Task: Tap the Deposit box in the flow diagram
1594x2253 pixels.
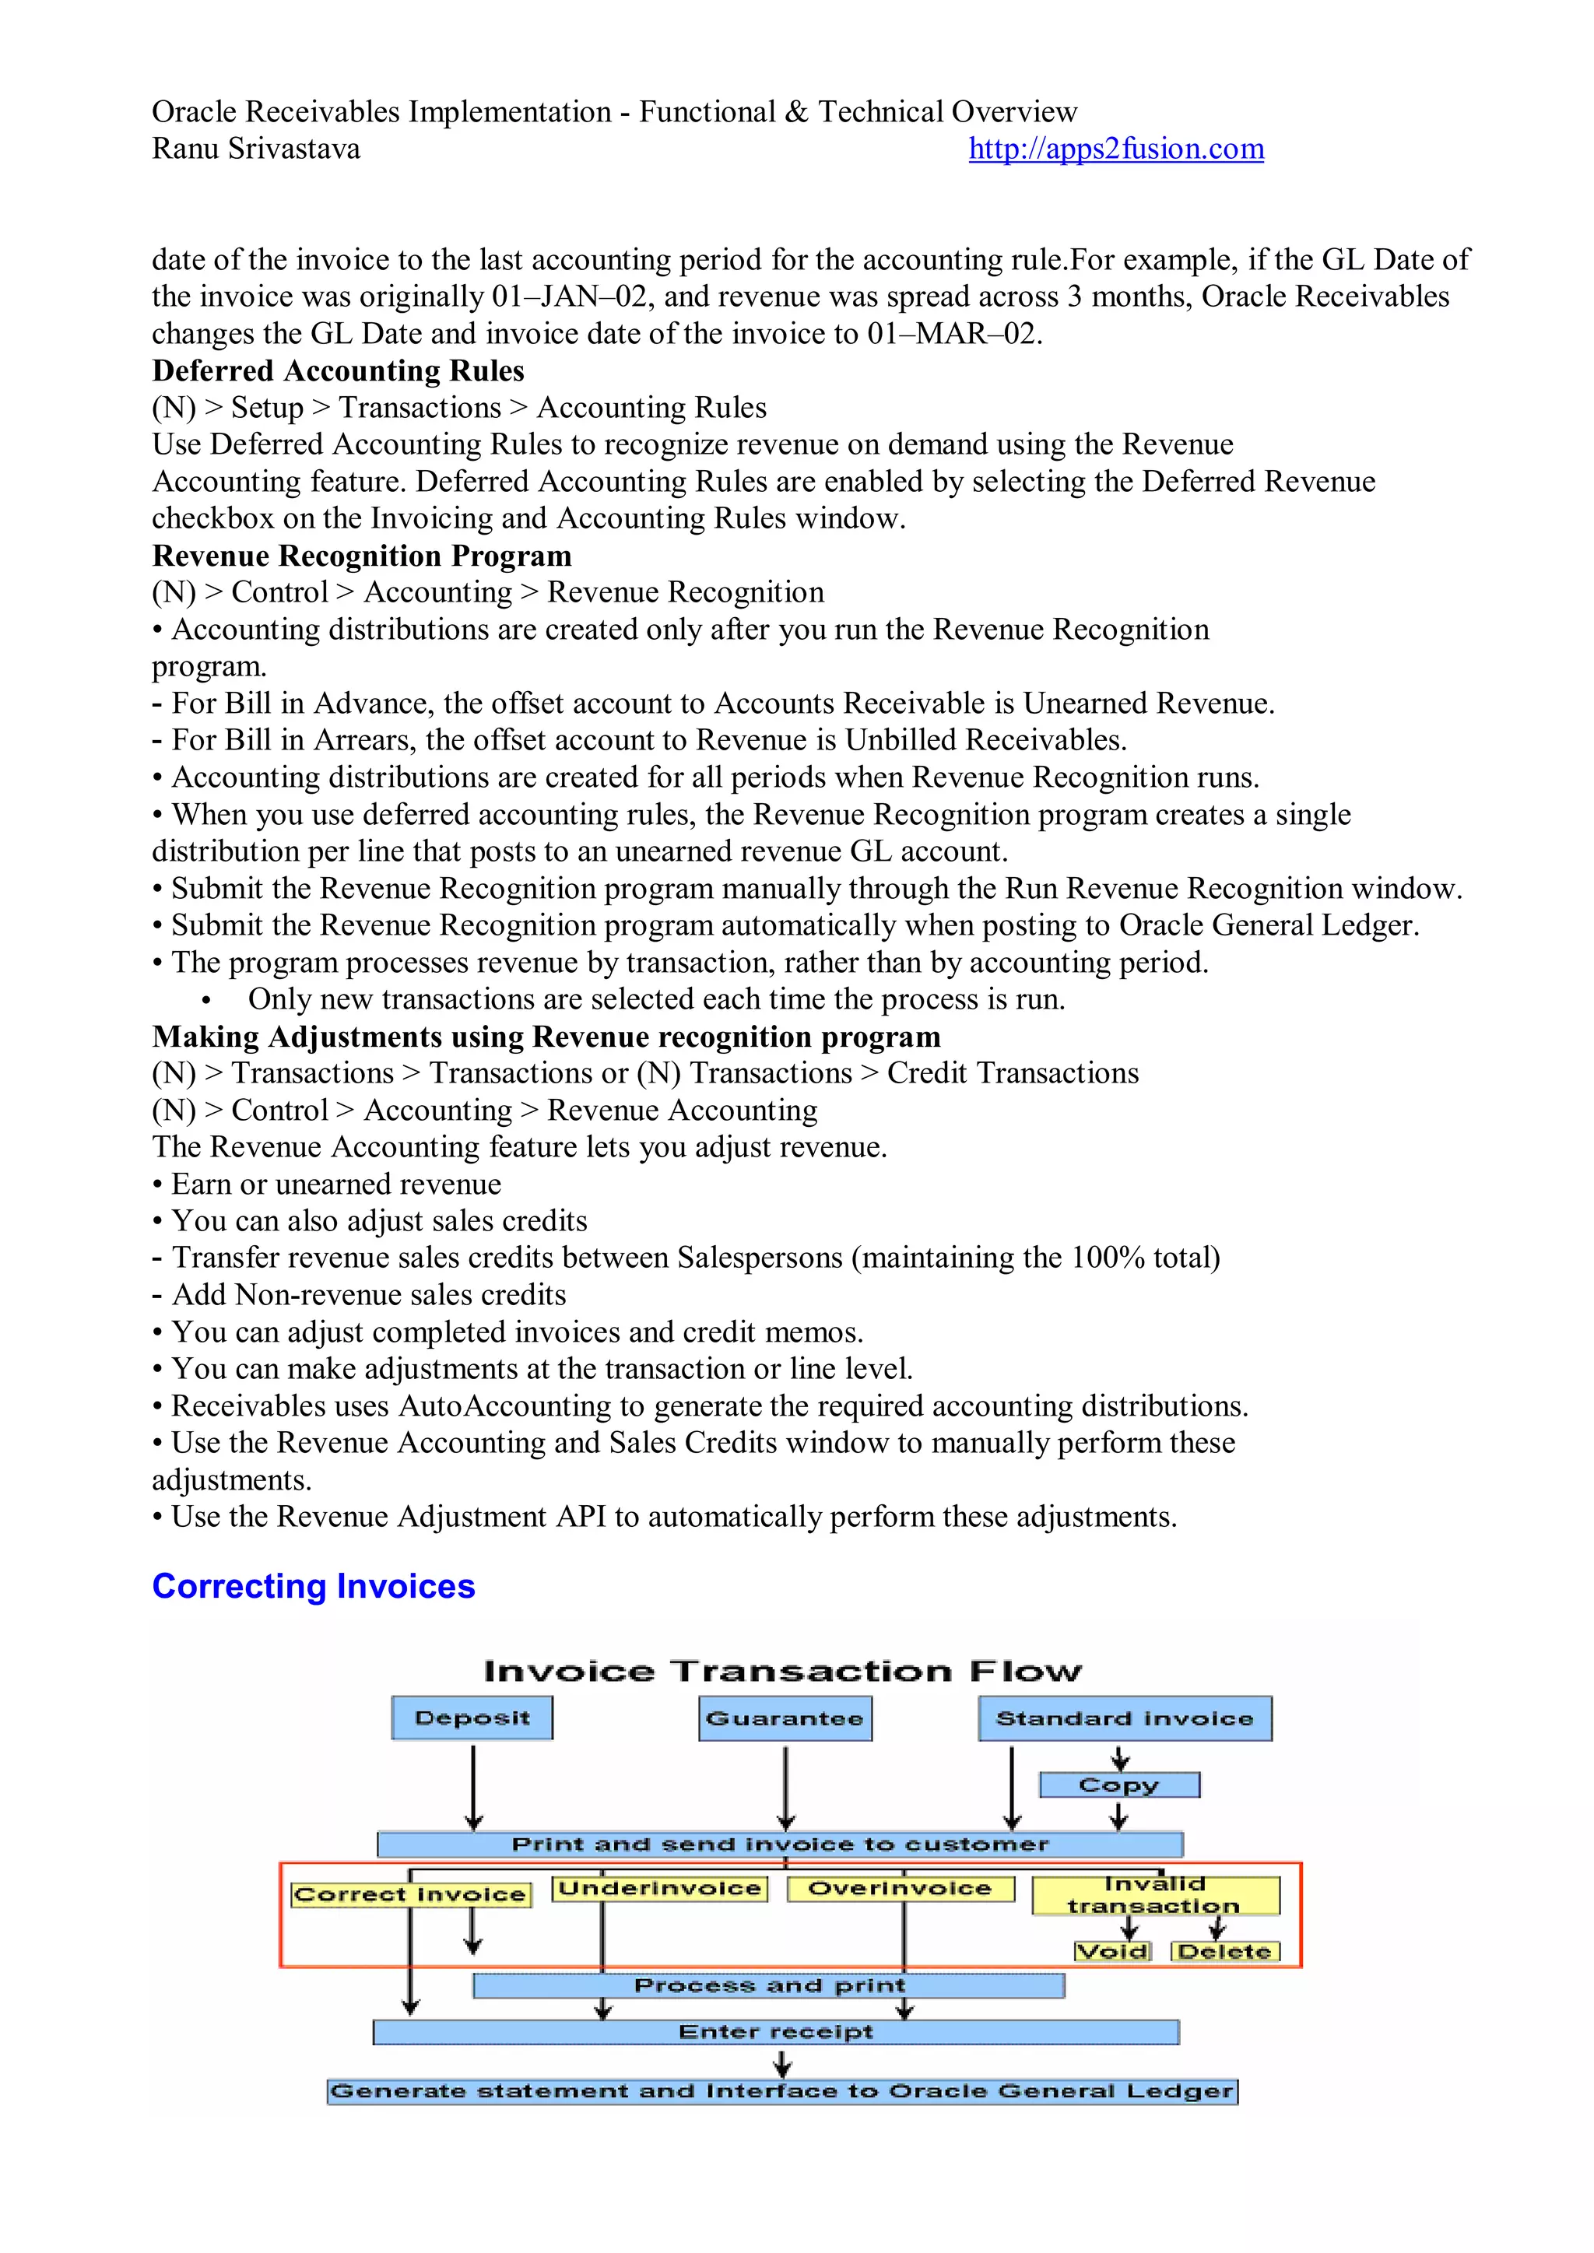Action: (472, 1718)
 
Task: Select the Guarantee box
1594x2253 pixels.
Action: (785, 1719)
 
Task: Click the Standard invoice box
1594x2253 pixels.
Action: (1124, 1719)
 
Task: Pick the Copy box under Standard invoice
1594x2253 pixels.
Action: (1119, 1785)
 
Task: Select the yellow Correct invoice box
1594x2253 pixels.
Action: (410, 1895)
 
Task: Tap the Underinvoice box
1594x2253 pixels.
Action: (659, 1889)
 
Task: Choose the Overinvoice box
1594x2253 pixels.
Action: (900, 1889)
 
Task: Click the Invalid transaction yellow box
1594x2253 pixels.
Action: (1155, 1895)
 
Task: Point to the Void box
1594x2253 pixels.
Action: (1112, 1952)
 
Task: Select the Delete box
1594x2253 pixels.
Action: (1225, 1952)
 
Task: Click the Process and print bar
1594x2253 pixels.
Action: (768, 1986)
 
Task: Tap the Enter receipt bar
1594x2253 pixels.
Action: (775, 2032)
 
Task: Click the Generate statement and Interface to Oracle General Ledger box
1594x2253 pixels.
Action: (781, 2091)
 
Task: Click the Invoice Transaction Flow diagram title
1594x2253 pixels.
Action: (782, 1671)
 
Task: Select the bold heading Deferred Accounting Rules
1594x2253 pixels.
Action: (338, 371)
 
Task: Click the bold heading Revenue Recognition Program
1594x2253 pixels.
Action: (361, 556)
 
